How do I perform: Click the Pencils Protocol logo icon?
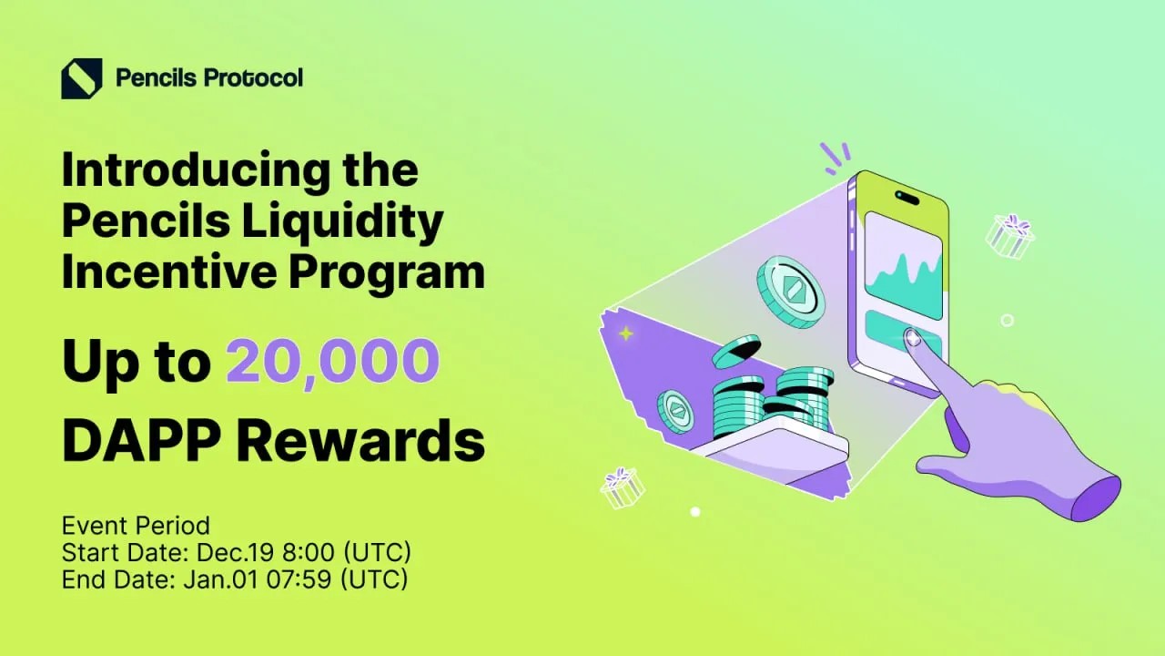(82, 78)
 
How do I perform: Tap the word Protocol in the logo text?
(253, 78)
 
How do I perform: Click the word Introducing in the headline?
(196, 171)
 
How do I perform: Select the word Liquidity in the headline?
(342, 221)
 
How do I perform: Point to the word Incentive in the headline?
(169, 271)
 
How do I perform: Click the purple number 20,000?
(332, 361)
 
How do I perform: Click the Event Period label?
(136, 526)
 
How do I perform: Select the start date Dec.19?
(235, 552)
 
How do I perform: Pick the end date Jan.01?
(220, 579)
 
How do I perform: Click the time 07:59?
(299, 579)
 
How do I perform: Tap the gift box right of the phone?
(1009, 238)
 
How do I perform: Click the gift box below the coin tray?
(622, 487)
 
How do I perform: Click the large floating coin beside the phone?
(791, 292)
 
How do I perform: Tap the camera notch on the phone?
(907, 198)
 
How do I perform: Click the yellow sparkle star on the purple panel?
(626, 333)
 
